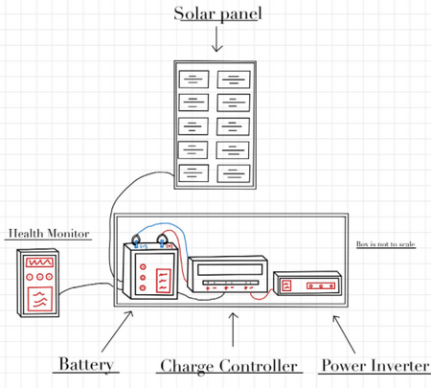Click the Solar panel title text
[x=217, y=14]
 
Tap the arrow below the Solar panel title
[x=216, y=39]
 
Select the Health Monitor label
[x=49, y=234]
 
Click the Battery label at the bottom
[x=86, y=364]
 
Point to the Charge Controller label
[x=229, y=366]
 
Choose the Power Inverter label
[x=375, y=365]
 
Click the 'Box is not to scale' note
[x=386, y=244]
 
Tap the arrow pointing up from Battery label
[x=117, y=331]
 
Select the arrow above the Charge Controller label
[x=233, y=330]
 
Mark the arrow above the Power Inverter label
[x=344, y=334]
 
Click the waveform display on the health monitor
[x=39, y=262]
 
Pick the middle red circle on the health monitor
[x=39, y=277]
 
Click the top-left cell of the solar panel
[x=193, y=80]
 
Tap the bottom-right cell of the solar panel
[x=234, y=173]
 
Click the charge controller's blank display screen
[x=229, y=269]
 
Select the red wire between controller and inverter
[x=261, y=297]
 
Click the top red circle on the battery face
[x=143, y=266]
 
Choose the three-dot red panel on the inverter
[x=321, y=285]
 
